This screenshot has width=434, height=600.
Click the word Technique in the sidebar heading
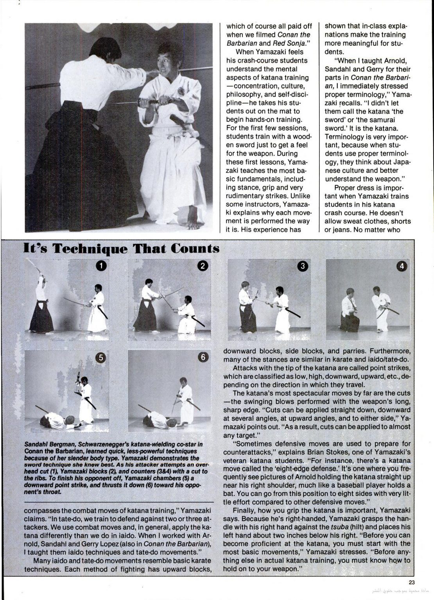94,249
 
